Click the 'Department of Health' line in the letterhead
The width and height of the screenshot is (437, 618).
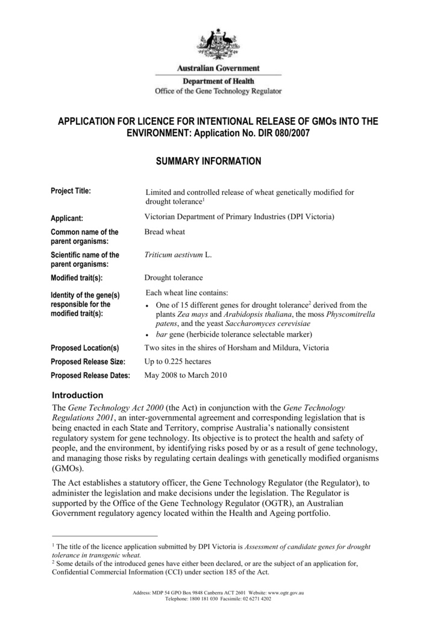[x=218, y=81]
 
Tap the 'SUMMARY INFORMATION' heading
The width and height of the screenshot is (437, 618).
[x=209, y=161]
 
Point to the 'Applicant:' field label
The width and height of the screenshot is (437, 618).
[x=67, y=218]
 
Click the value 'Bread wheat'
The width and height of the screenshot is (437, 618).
[x=165, y=232]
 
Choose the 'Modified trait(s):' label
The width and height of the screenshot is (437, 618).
[x=77, y=278]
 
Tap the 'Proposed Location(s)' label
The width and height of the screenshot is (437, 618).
[x=85, y=348]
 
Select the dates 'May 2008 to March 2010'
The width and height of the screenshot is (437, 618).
[x=186, y=375]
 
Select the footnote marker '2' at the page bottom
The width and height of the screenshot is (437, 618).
[x=54, y=561]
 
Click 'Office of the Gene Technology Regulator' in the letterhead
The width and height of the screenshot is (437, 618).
[x=218, y=91]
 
